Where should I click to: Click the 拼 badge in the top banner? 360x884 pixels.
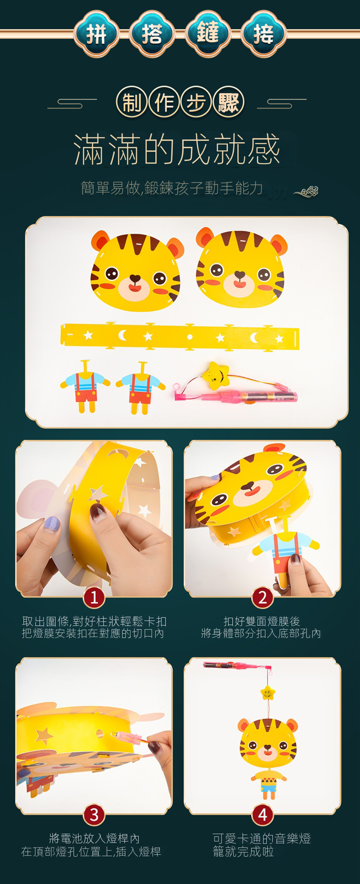[96, 34]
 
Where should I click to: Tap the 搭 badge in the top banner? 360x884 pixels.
[152, 34]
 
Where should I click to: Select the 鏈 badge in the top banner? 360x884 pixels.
[208, 34]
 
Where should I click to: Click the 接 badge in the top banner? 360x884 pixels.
[264, 34]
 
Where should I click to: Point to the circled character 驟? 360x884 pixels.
[229, 103]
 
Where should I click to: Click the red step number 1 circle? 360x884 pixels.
[94, 598]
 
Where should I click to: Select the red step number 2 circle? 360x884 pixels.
[263, 598]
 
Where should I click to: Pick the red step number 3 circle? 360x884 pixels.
[94, 814]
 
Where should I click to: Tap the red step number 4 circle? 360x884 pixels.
[263, 814]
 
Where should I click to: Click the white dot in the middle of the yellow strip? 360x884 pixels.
[190, 337]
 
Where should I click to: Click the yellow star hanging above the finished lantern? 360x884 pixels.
[268, 692]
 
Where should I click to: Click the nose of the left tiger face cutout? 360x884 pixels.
[135, 279]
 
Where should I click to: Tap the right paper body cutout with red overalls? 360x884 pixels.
[140, 388]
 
